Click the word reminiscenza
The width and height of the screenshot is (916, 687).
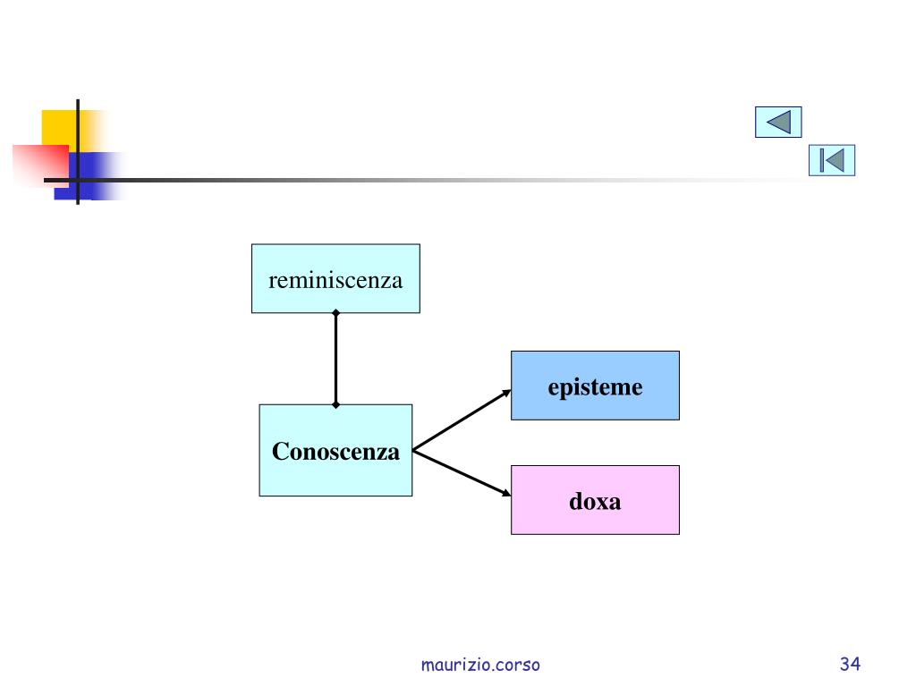tap(335, 280)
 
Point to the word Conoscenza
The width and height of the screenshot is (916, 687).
tap(335, 452)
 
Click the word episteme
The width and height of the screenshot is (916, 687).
tap(595, 387)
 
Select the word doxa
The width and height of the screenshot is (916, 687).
tap(595, 502)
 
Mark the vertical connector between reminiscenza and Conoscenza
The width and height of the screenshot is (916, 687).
tap(335, 358)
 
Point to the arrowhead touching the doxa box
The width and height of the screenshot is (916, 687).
tap(506, 493)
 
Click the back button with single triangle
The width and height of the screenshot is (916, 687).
tap(778, 122)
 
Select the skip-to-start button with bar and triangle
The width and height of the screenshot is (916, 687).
tap(832, 160)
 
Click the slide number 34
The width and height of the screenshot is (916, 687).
tap(850, 664)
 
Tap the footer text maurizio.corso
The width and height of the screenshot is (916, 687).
tap(480, 665)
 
